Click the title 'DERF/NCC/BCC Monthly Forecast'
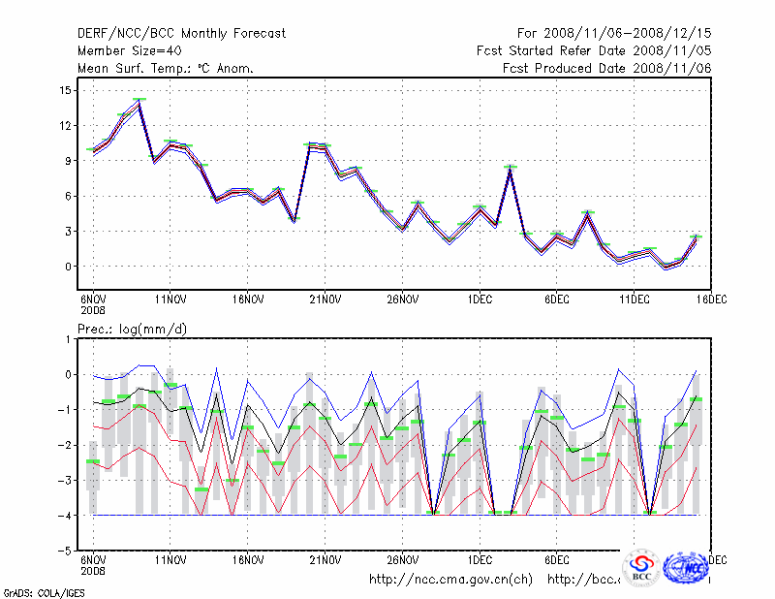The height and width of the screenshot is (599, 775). pos(181,34)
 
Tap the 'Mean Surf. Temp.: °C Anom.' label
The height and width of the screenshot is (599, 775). pos(166,68)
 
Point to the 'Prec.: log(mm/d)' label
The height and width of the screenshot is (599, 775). pos(132,330)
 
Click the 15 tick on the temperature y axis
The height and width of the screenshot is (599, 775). pos(65,90)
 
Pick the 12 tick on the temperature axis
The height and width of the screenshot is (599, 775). pos(65,126)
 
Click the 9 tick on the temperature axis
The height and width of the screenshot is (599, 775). pos(68,161)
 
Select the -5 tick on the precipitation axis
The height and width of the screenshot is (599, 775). pos(64,551)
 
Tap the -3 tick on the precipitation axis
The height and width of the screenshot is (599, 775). pos(64,480)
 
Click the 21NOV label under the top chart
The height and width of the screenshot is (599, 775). pos(325,299)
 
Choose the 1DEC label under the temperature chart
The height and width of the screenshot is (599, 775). pos(479,299)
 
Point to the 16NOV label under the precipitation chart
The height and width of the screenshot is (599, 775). pos(247,560)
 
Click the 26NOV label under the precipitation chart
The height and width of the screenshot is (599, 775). pos(402,560)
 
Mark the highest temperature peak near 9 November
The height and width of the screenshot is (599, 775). pos(139,100)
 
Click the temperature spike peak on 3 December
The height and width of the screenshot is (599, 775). pos(510,168)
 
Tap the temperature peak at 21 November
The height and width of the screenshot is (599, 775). pos(310,144)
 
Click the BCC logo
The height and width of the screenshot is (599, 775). pos(641,569)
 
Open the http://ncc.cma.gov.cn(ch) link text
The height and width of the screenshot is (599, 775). pos(450,580)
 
